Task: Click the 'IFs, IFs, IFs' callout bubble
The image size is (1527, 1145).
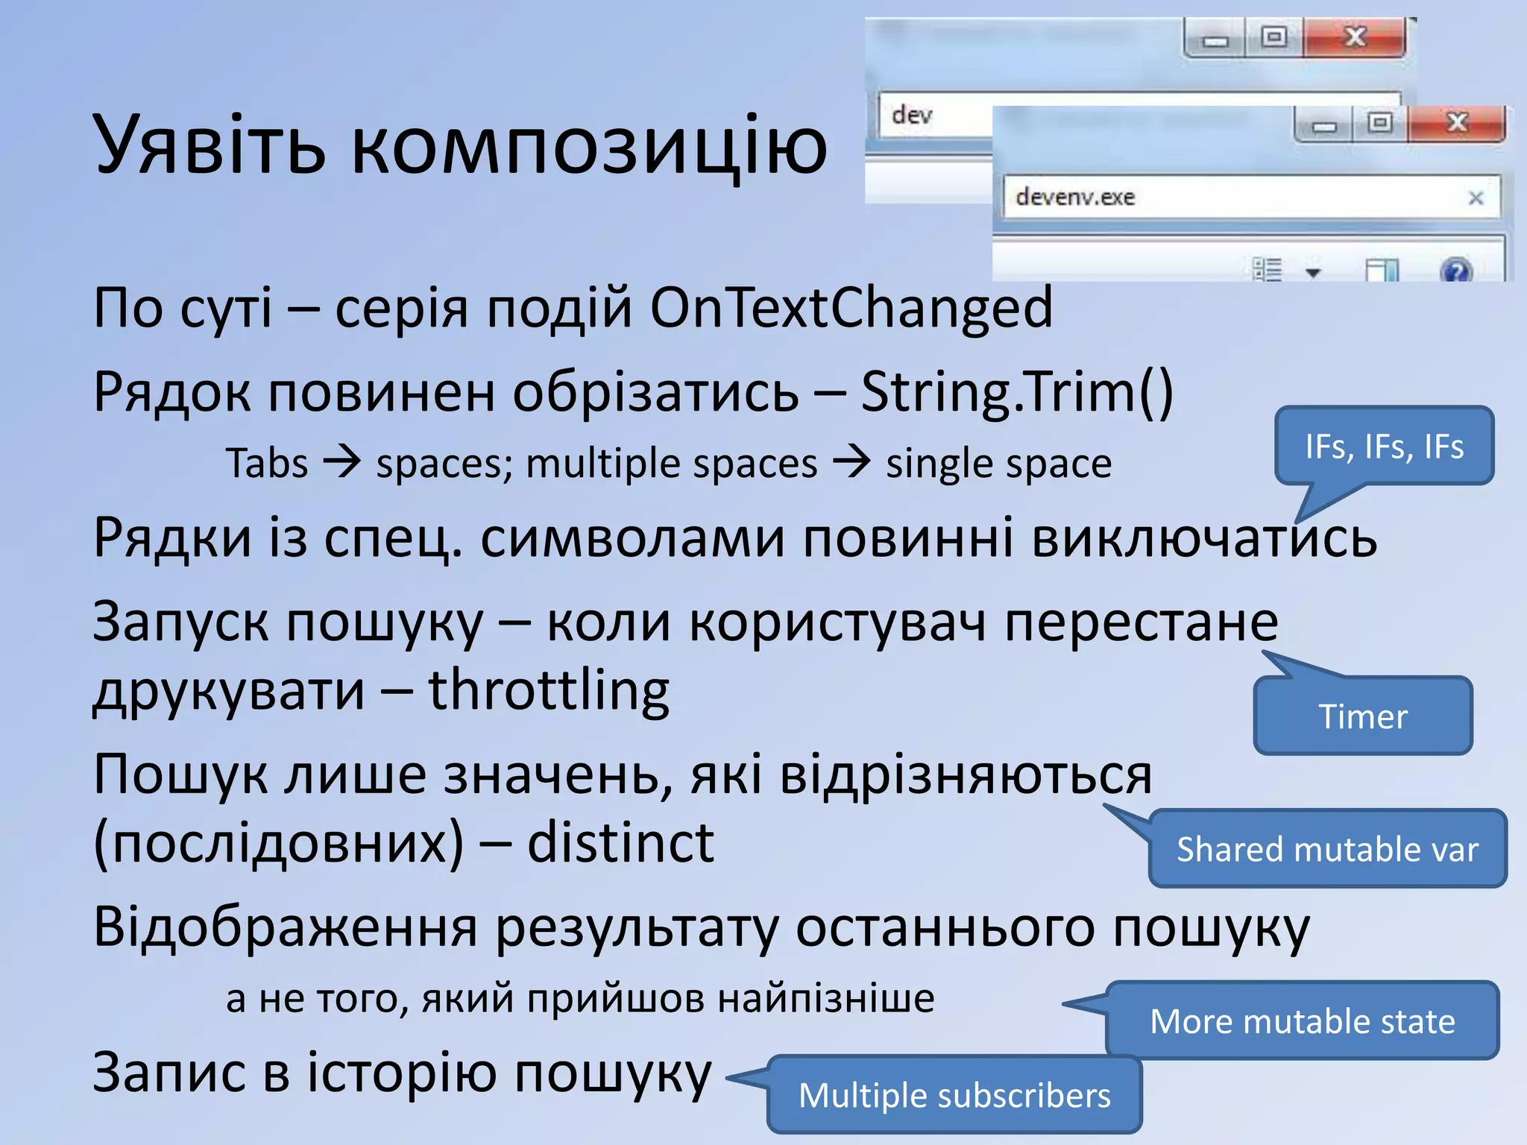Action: (1384, 447)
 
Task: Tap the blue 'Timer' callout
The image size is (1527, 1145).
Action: (1363, 716)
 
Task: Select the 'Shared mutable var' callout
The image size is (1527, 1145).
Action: (1327, 849)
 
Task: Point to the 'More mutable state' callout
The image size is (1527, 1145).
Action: (1302, 1021)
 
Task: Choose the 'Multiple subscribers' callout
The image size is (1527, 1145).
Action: (954, 1095)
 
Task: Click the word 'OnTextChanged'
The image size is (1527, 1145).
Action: (851, 307)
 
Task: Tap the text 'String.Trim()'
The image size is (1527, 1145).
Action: (1017, 391)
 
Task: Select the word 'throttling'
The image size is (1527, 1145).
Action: (549, 690)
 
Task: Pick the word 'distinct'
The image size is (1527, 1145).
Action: (620, 843)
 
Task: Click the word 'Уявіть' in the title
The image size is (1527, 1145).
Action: (210, 145)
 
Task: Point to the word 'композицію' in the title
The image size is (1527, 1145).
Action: (589, 146)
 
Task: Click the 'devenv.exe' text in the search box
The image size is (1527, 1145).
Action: (1074, 197)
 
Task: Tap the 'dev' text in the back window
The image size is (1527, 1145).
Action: (912, 115)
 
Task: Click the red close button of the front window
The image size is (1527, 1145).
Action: (1456, 123)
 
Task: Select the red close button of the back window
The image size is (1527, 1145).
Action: (1354, 37)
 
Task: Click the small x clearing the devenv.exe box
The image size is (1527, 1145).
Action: (1476, 198)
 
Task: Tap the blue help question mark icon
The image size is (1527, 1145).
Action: (1455, 270)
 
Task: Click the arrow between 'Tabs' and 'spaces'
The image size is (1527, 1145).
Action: (341, 462)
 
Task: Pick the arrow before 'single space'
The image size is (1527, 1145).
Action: (851, 462)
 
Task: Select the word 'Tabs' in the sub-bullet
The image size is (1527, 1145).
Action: (267, 464)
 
